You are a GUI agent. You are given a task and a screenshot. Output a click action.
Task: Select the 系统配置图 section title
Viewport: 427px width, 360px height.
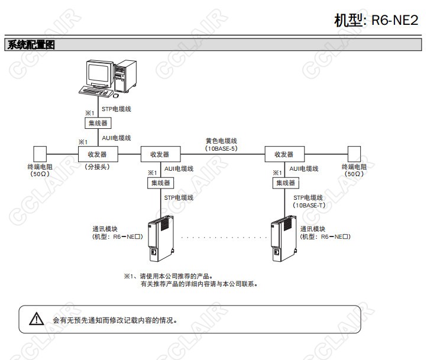click(x=30, y=45)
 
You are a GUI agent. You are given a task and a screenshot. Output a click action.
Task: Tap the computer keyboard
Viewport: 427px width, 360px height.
click(x=96, y=92)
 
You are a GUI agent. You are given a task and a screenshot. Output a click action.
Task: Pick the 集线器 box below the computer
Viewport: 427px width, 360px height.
click(x=98, y=123)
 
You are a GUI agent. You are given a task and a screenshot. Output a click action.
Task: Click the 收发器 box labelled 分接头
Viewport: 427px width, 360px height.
click(x=98, y=154)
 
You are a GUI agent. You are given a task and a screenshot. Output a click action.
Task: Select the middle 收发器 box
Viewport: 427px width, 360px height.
click(x=160, y=154)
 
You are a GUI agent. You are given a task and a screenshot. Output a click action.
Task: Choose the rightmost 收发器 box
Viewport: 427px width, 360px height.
click(x=284, y=154)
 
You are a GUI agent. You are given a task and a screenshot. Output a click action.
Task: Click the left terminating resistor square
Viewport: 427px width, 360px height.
click(x=40, y=153)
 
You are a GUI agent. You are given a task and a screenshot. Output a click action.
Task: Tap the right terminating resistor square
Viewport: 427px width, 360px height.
click(x=354, y=153)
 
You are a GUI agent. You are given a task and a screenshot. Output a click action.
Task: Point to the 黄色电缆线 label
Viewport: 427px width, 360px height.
click(x=221, y=141)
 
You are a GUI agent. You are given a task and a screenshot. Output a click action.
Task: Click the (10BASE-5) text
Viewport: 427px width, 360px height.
click(x=221, y=149)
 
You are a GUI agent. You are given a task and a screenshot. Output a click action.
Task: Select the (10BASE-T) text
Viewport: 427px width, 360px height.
click(x=309, y=205)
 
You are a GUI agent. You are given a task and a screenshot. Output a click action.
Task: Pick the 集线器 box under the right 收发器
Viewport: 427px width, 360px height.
click(x=284, y=183)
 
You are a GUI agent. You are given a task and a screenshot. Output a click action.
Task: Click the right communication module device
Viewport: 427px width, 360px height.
click(x=283, y=239)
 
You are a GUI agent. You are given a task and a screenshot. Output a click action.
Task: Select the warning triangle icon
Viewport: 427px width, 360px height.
click(x=37, y=319)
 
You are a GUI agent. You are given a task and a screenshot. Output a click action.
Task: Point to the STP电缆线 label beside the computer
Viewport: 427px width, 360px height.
click(x=116, y=109)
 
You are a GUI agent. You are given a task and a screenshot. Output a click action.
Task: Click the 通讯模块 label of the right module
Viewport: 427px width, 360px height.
click(x=313, y=229)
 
